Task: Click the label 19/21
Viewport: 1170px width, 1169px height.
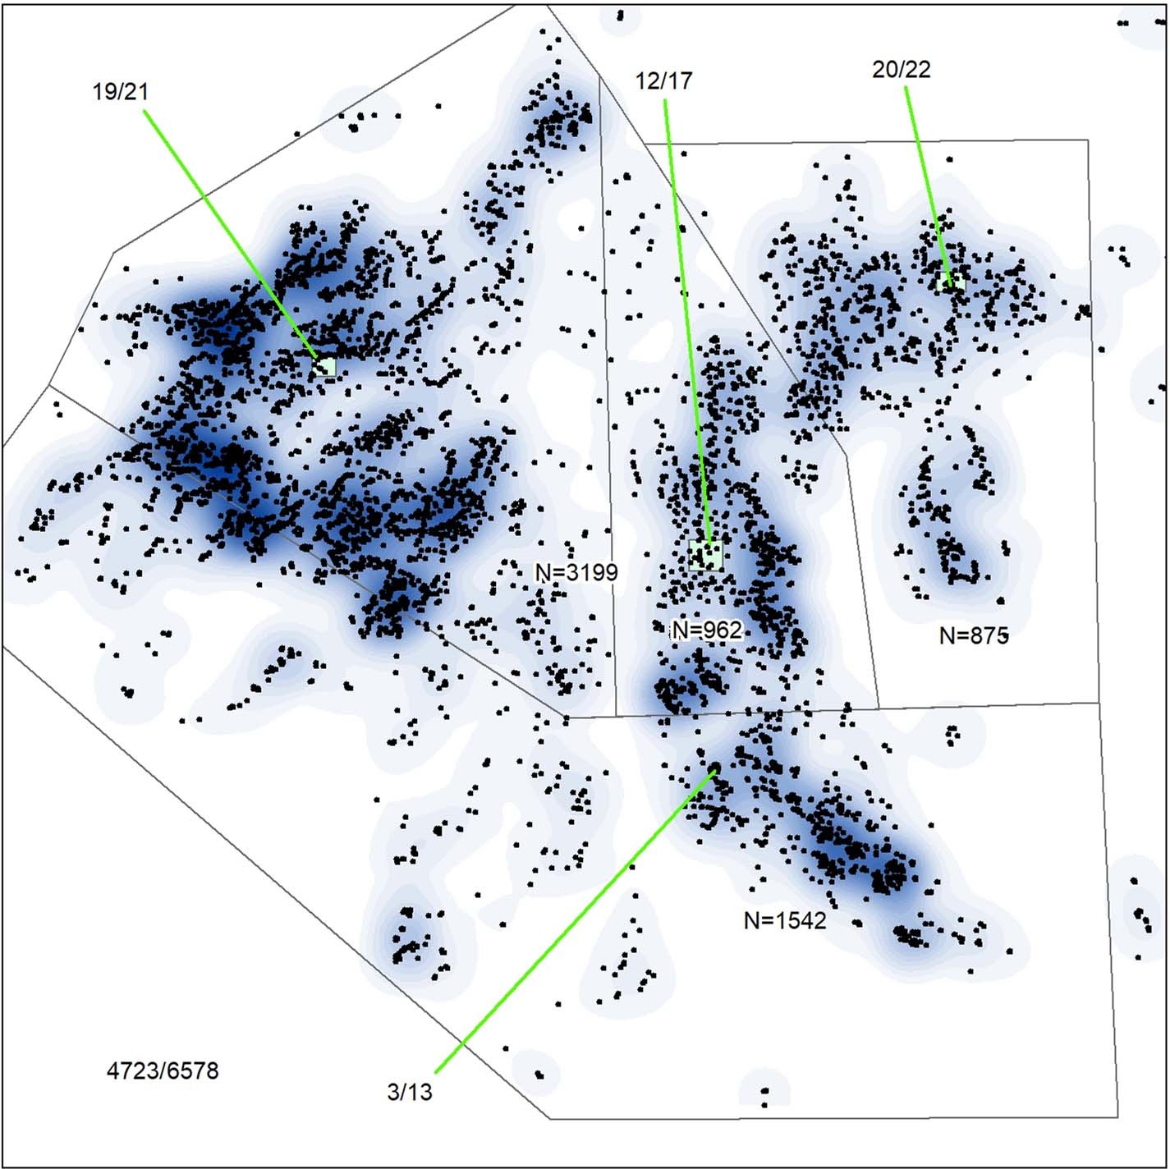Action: pos(121,91)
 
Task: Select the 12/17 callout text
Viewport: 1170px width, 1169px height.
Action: pos(663,80)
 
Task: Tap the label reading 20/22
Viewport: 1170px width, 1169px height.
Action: pos(902,70)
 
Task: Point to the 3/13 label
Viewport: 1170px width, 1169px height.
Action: pos(409,1093)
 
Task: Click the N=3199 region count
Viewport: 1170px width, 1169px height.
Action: pos(576,572)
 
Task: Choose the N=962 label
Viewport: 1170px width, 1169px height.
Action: pos(707,630)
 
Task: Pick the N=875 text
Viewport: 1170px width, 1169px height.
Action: pos(974,635)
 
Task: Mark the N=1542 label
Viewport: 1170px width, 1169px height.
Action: pos(785,920)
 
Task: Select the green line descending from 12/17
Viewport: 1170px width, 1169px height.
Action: pos(686,320)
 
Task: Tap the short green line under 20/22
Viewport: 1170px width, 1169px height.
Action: pos(928,181)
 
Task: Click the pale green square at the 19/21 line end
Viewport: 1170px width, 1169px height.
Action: pos(325,367)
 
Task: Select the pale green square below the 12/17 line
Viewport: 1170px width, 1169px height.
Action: pos(706,555)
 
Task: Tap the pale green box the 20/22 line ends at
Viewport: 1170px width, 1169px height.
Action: pos(951,282)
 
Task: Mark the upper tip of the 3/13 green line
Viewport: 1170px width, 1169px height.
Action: pos(714,771)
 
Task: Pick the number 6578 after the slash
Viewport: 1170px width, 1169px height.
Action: pos(195,1070)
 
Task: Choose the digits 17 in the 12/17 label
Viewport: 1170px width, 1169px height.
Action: pos(681,80)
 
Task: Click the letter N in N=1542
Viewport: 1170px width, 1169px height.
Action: pos(750,920)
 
